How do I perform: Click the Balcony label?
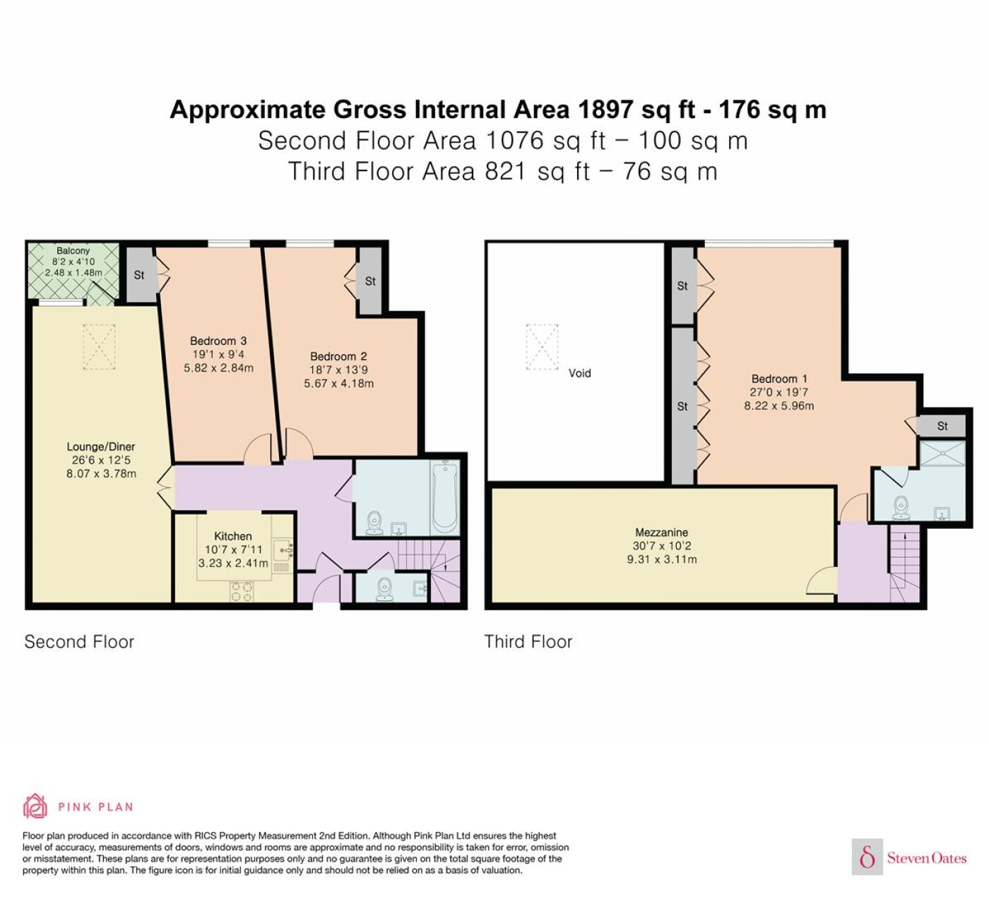pos(73,251)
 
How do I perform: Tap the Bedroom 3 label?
pos(218,341)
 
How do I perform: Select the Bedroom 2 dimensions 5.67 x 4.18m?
pos(338,383)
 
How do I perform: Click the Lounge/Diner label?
pos(100,447)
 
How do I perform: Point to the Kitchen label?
pos(232,536)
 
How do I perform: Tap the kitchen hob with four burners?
pos(242,591)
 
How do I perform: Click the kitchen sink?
pos(283,549)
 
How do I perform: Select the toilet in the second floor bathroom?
pos(374,523)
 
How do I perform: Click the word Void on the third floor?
pos(579,373)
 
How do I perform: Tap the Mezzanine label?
pos(661,532)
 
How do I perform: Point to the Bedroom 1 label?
pos(779,379)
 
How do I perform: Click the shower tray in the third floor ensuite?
pos(942,453)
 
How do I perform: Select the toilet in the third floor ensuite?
pos(901,508)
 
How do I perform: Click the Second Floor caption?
pos(79,642)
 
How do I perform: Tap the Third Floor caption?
pos(528,642)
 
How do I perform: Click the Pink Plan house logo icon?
pos(35,807)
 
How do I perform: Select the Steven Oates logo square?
pos(867,856)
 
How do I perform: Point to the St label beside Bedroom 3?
pos(139,275)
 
